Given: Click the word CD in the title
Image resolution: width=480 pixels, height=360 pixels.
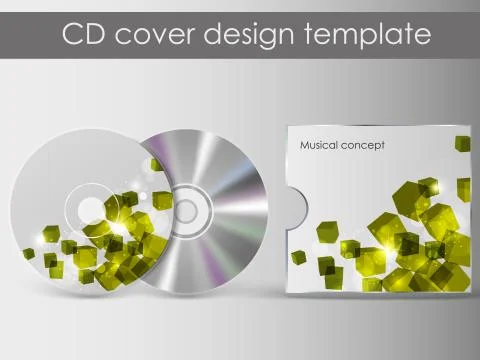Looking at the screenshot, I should [82, 34].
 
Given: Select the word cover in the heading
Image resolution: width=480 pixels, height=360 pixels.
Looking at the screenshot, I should [155, 34].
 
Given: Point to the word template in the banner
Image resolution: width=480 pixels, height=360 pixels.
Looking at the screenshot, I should [369, 35].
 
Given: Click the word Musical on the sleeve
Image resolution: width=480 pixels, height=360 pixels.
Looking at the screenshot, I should [321, 145].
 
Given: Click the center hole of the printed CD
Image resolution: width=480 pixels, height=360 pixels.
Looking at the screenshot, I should [93, 210].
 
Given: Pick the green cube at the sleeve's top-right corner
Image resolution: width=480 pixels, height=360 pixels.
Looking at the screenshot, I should [462, 143].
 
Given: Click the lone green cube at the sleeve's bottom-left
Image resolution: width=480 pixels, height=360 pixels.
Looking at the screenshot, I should [298, 257].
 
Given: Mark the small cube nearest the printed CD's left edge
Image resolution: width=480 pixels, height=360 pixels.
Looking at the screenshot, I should [28, 253].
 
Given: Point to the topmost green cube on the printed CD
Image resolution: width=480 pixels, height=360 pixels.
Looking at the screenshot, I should [155, 165].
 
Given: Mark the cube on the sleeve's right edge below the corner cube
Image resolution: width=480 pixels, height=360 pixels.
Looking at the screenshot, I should [463, 187].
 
